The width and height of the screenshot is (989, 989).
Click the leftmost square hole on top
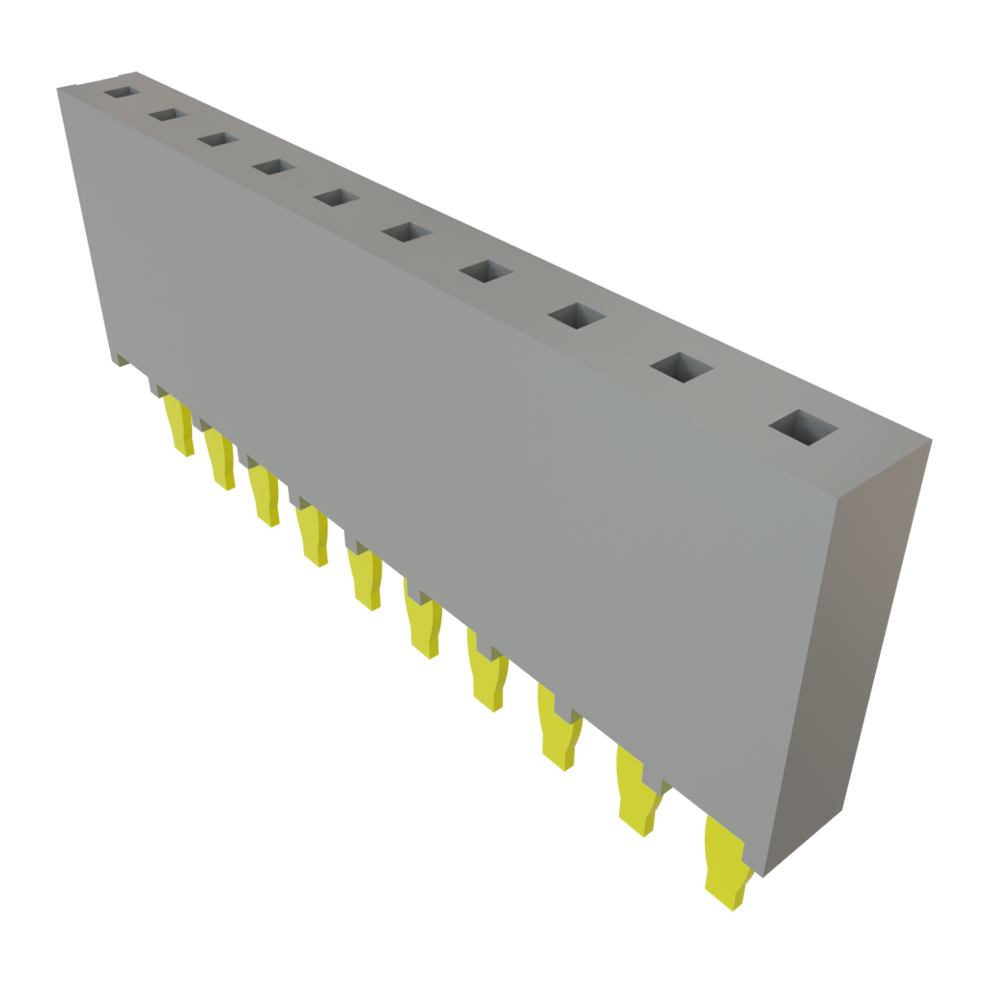[122, 93]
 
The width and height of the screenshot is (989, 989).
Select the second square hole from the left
[167, 115]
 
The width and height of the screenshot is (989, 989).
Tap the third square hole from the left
[218, 140]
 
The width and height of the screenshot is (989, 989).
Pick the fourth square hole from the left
[273, 167]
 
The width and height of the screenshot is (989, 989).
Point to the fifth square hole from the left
[335, 198]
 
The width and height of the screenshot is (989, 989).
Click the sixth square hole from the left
[406, 233]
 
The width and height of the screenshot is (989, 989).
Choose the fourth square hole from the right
[486, 271]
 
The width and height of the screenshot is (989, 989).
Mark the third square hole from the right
[577, 316]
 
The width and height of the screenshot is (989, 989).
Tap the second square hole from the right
[681, 367]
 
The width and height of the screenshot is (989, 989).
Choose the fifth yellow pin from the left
[366, 579]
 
